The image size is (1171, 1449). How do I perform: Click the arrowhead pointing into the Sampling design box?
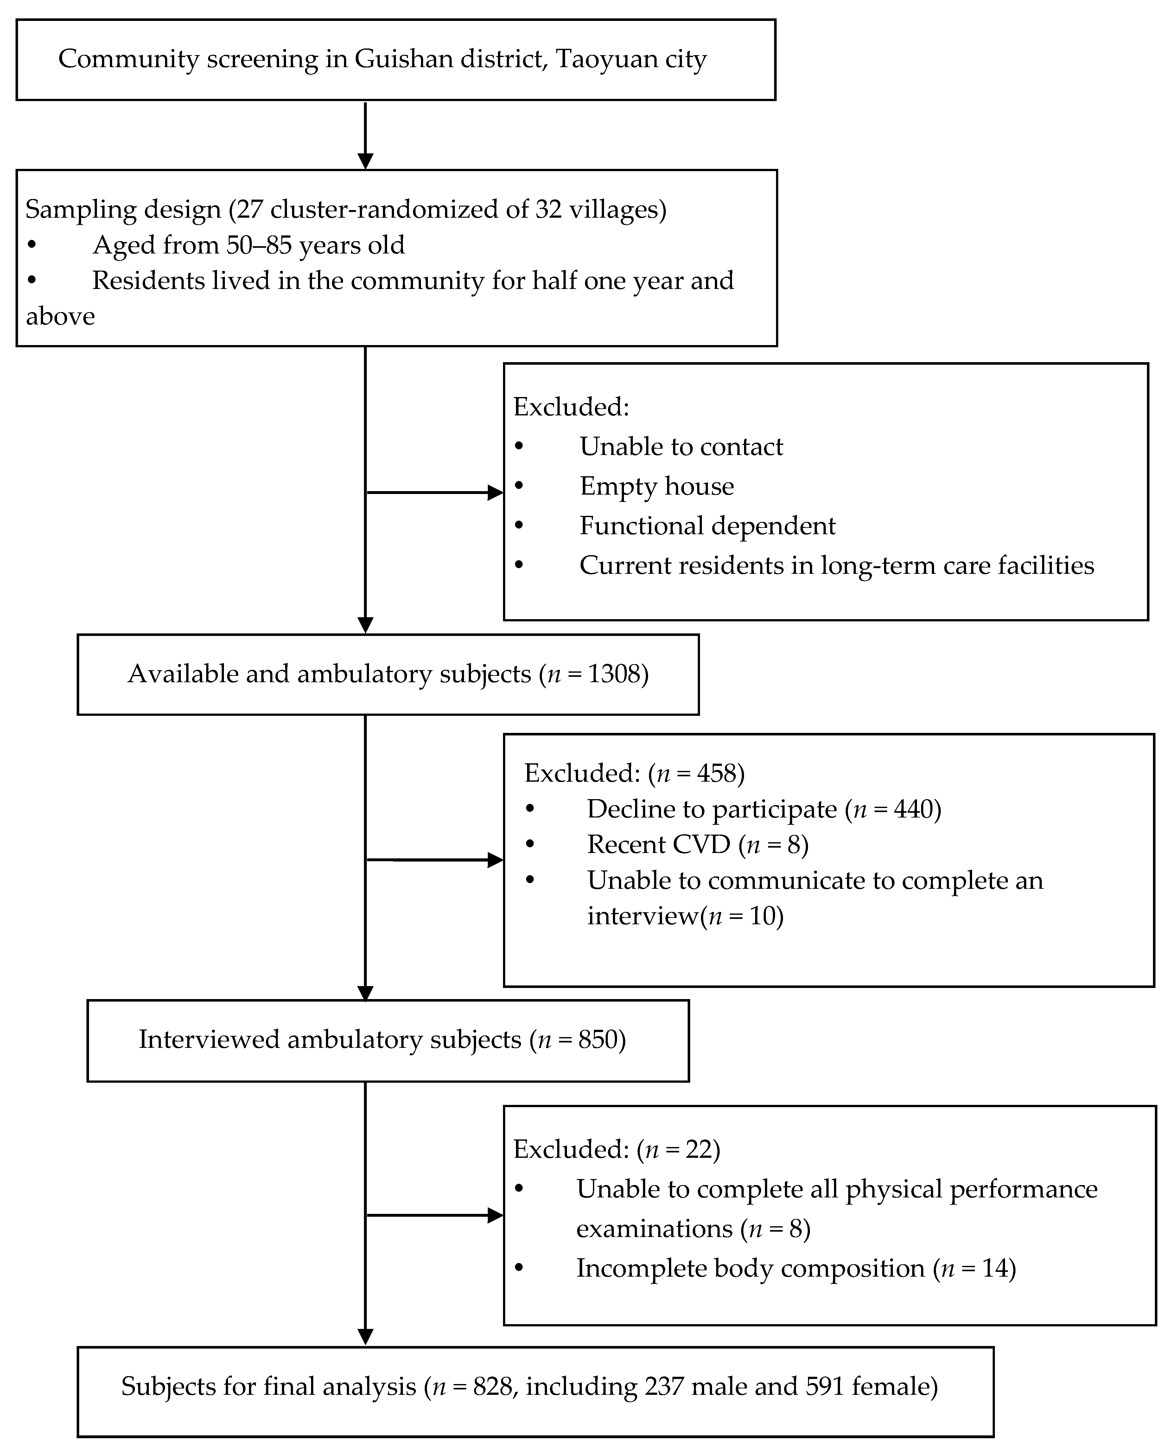(365, 161)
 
